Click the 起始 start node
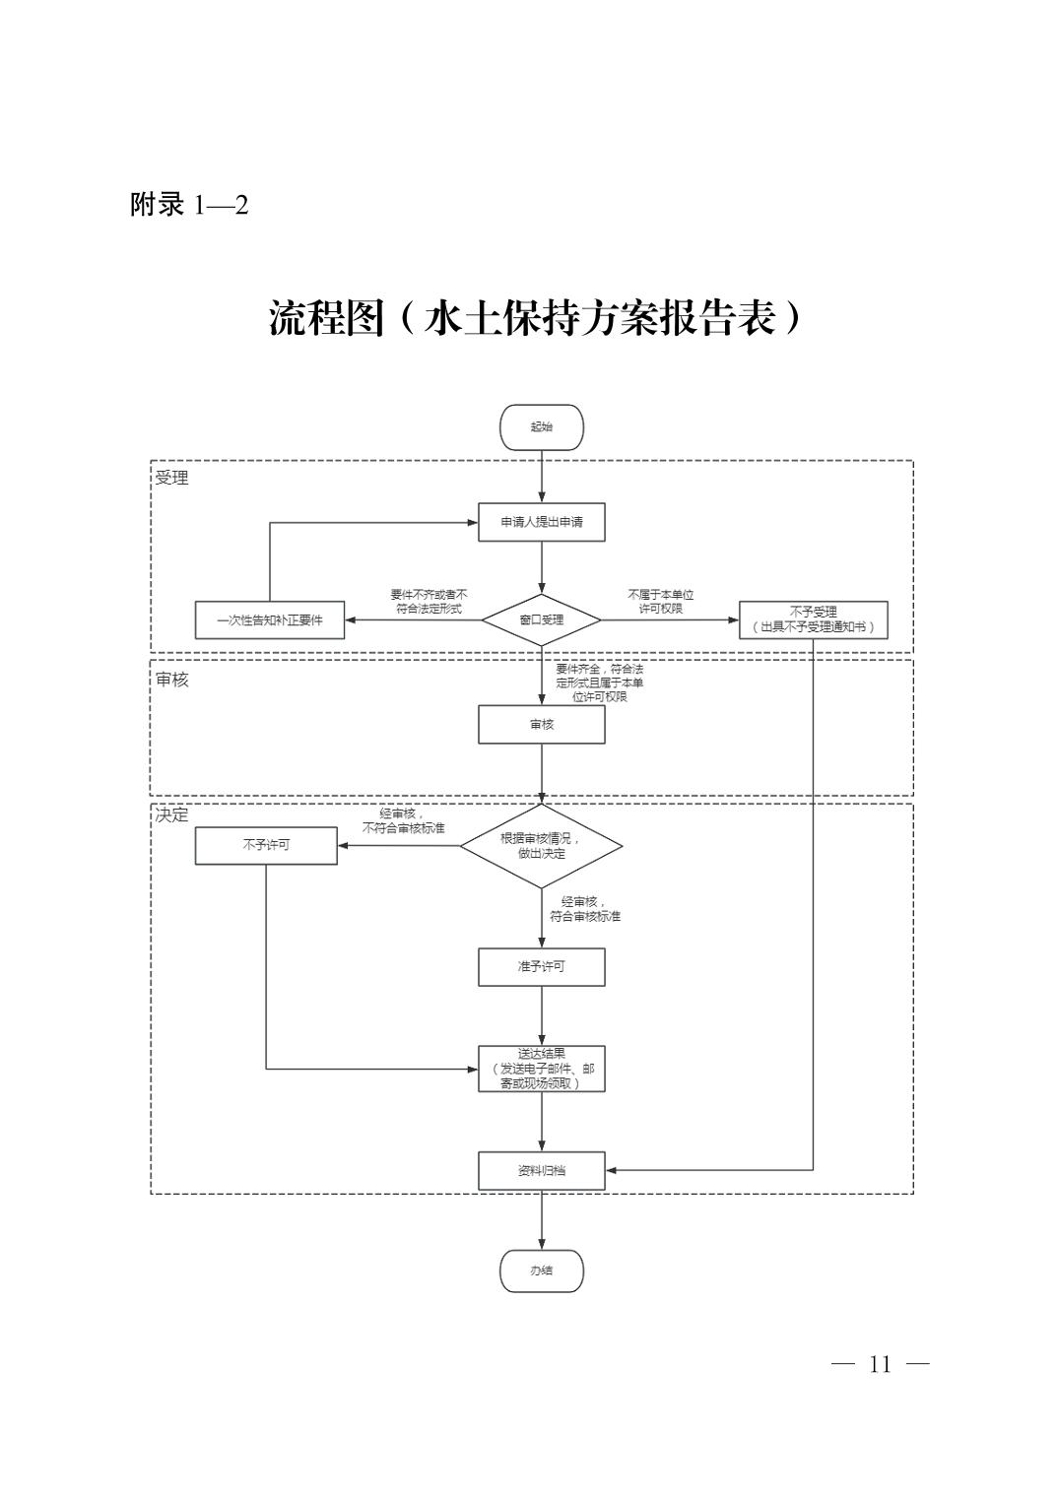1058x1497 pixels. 542,427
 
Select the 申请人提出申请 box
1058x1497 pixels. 542,522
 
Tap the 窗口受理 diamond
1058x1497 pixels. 542,620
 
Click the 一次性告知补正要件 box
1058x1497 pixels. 270,620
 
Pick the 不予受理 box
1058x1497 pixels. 813,619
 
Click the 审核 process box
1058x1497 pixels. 542,725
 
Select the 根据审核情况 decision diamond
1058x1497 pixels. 542,846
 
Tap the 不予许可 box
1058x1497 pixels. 266,845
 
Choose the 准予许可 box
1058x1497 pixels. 542,967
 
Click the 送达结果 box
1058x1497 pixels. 542,1069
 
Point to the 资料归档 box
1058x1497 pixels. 542,1171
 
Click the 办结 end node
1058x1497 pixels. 542,1270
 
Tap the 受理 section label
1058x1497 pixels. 171,479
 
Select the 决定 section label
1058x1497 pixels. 171,815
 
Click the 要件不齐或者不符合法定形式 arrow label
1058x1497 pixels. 429,602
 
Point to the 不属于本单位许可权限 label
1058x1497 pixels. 661,602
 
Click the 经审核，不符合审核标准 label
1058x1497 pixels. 403,821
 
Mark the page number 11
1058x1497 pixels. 880,1365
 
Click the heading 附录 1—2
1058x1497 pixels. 189,205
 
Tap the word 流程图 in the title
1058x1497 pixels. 325,318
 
